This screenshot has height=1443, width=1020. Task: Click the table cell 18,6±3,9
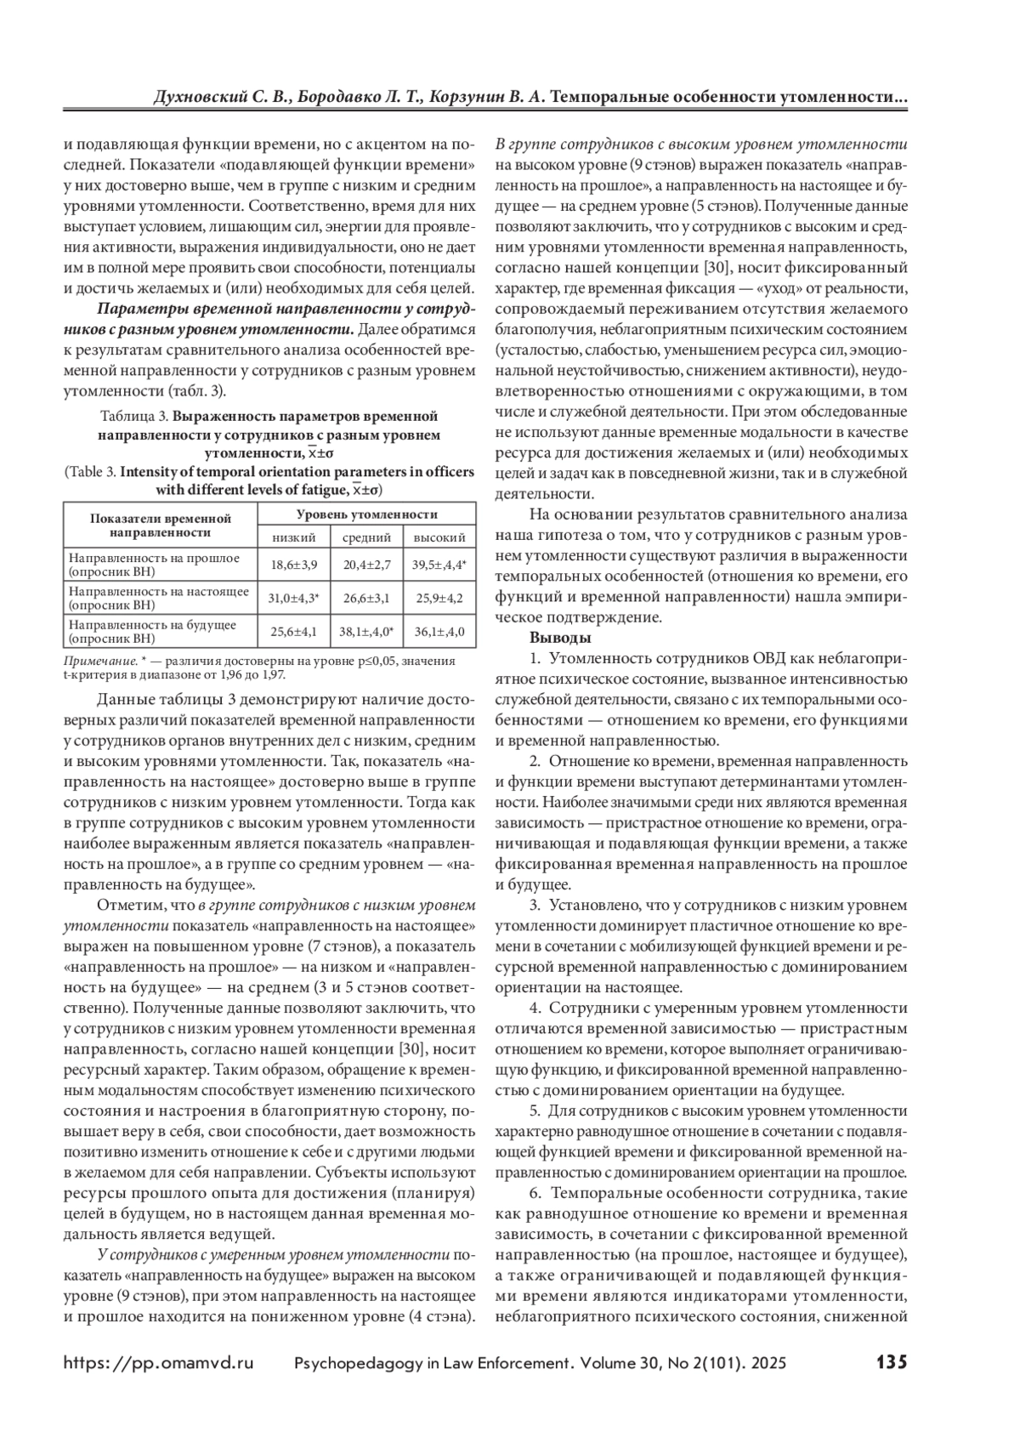[293, 565]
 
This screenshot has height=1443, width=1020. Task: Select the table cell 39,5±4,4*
[439, 565]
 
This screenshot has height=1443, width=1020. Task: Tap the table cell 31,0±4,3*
[293, 598]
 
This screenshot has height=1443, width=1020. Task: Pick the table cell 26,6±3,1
[366, 598]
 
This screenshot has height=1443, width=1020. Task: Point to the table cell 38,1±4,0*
[366, 632]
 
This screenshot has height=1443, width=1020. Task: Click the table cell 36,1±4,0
[439, 632]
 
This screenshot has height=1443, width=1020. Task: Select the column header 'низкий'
[293, 537]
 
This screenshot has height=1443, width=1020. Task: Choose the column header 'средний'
[366, 537]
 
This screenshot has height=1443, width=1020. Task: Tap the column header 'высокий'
[439, 537]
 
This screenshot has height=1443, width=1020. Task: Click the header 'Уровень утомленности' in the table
[366, 514]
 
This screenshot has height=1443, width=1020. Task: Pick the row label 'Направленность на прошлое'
[154, 558]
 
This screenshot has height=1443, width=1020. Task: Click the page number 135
[892, 1362]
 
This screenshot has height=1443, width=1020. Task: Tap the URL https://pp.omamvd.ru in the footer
[159, 1363]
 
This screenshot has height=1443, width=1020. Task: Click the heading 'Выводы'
[560, 638]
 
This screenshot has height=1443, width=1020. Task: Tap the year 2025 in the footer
[766, 1363]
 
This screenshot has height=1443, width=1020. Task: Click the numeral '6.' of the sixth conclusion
[535, 1193]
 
